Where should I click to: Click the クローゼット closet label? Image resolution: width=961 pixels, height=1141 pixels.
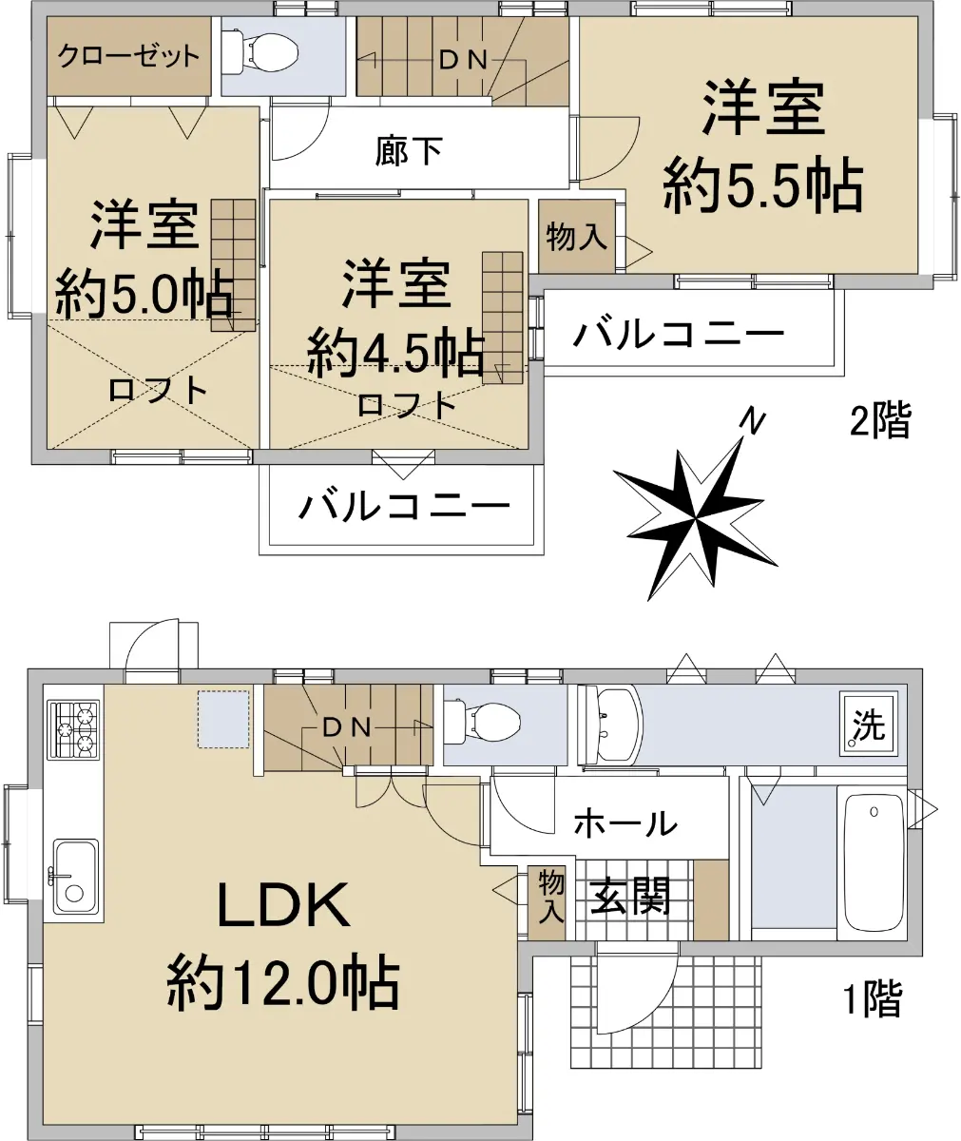(128, 56)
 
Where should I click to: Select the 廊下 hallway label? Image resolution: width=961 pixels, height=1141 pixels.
(409, 151)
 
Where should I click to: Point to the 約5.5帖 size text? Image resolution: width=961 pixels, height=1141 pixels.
(762, 184)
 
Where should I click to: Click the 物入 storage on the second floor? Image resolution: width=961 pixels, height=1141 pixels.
(576, 237)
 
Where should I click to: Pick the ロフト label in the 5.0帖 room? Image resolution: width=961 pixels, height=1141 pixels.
(158, 390)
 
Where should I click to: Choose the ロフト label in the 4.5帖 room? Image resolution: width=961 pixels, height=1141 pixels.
(407, 404)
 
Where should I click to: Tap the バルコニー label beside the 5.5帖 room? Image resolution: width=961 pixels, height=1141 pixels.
(678, 334)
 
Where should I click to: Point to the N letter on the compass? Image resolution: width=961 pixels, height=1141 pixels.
(752, 421)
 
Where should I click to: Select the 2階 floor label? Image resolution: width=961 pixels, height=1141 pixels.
(880, 419)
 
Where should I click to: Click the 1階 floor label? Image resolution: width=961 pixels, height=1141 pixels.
(873, 998)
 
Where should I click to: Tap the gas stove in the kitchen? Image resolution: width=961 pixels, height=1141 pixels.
(74, 730)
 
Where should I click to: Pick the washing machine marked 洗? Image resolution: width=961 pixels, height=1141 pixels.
(869, 725)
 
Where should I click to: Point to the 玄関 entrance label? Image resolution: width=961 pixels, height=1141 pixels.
(630, 897)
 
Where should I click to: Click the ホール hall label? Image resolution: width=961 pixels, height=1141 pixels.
(625, 823)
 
